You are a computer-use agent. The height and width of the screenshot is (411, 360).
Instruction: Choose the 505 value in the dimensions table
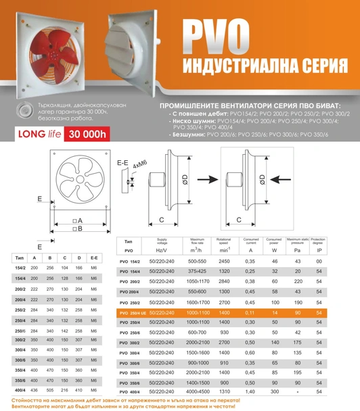pos(51,391)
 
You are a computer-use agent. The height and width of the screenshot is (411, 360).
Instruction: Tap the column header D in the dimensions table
pos(80,258)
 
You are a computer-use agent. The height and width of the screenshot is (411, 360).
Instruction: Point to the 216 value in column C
pos(66,391)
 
